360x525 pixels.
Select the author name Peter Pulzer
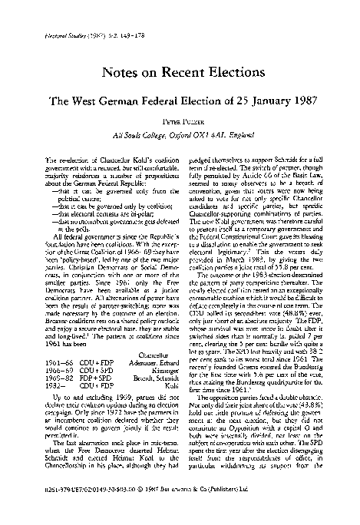click(180, 121)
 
